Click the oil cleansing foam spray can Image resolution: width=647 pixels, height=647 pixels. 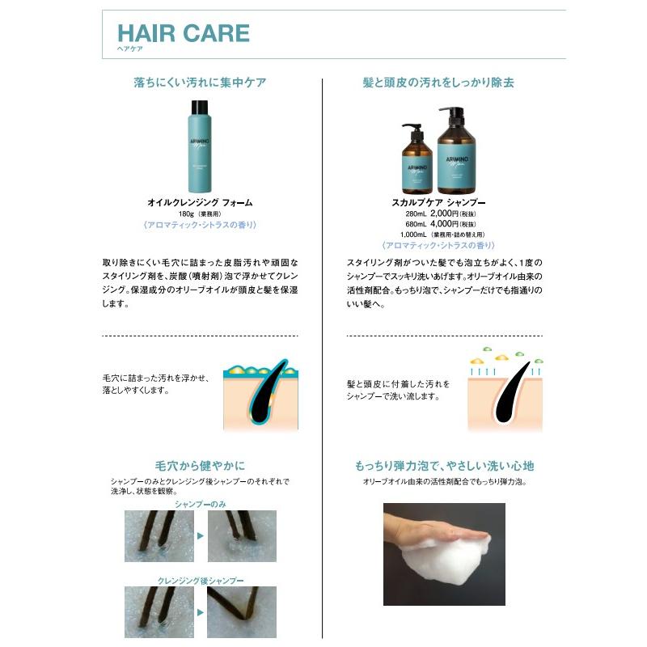(x=200, y=150)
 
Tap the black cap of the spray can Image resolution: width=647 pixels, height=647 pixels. (x=200, y=106)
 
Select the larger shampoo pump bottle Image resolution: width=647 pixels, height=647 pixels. (x=457, y=150)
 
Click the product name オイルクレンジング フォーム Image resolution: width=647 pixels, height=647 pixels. (x=200, y=202)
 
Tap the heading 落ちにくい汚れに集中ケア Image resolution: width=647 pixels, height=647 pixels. (x=200, y=82)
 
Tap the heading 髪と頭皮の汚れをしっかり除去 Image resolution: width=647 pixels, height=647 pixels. (x=439, y=82)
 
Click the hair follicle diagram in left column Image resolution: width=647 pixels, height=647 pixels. (x=260, y=394)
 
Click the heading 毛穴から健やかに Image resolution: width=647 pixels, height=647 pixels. (x=200, y=466)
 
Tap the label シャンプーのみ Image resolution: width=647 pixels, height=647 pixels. (x=200, y=504)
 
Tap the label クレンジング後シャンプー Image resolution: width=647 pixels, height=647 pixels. (x=200, y=580)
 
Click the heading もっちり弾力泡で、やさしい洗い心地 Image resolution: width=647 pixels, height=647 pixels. (x=444, y=467)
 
